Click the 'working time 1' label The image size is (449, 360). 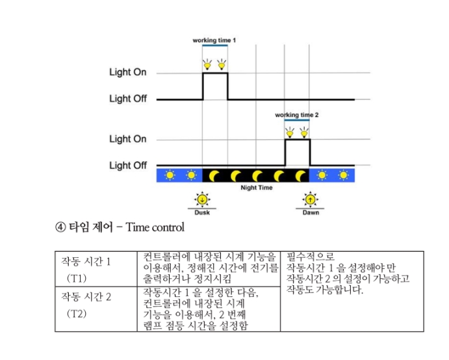214,40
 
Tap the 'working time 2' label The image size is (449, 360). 297,115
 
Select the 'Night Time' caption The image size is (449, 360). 257,188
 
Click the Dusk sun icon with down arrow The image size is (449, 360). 202,199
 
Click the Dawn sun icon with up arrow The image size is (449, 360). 310,199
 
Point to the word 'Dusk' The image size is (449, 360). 202,212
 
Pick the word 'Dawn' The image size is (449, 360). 311,212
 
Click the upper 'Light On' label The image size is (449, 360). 128,72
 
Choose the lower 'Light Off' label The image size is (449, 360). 128,165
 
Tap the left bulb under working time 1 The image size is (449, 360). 207,65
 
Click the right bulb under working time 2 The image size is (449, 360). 304,133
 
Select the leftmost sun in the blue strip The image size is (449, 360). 170,175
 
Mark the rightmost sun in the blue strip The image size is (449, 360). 343,175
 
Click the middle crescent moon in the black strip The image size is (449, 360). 257,176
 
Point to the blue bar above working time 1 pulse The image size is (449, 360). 215,45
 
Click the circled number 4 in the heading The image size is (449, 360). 60,227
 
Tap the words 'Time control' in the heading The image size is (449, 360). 155,227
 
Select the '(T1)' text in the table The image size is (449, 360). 77,278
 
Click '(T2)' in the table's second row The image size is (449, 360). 77,314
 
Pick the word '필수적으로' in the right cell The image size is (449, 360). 311,256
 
